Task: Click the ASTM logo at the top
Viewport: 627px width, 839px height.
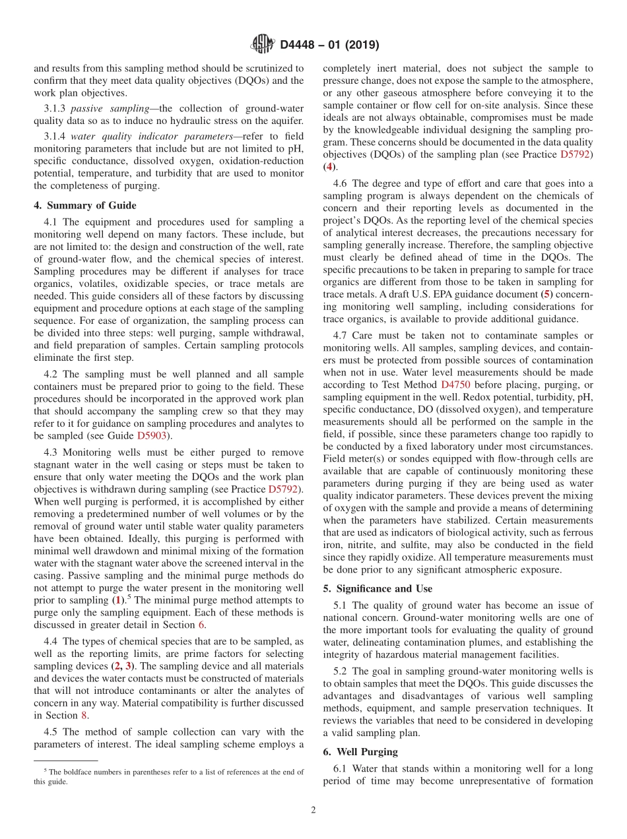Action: (x=263, y=45)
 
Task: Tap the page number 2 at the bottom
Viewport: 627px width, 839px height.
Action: (x=313, y=811)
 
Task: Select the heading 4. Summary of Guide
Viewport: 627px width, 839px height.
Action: (x=85, y=205)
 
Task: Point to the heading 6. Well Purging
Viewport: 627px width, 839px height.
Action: (x=360, y=751)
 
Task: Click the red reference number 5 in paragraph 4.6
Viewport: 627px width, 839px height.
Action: (x=545, y=295)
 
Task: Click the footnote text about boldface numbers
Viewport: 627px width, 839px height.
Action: (x=168, y=777)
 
